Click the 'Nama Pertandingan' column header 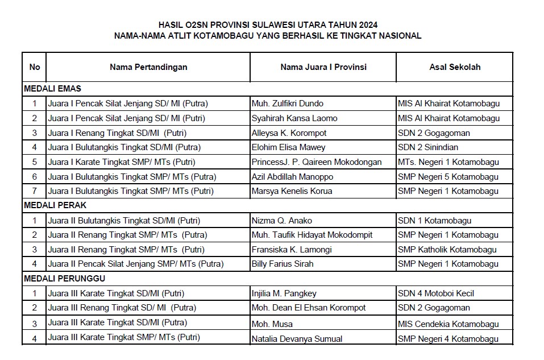click(x=148, y=67)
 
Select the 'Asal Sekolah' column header click(x=455, y=67)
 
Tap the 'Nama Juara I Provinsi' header click(x=323, y=67)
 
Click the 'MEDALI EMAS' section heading click(x=52, y=89)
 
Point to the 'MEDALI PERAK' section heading click(x=55, y=205)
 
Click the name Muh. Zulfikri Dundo click(x=288, y=104)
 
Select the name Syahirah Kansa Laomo click(x=294, y=118)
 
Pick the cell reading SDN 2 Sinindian click(x=427, y=147)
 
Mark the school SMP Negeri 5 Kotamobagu click(x=449, y=177)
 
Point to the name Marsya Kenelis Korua click(x=292, y=191)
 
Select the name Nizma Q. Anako click(x=282, y=221)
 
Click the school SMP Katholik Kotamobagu click(x=447, y=250)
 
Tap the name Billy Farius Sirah click(x=283, y=264)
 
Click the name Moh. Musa click(x=272, y=324)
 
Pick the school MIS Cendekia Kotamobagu click(x=449, y=324)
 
